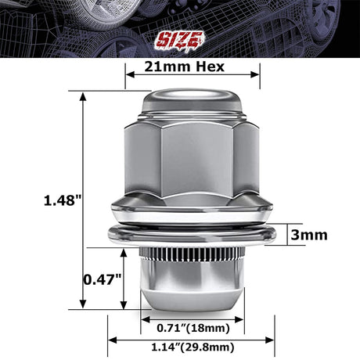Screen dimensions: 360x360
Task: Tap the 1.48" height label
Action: point(63,200)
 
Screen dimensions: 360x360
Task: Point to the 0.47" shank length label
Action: point(102,279)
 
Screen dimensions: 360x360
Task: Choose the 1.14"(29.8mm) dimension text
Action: point(193,344)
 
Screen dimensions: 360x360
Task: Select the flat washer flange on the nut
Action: point(193,234)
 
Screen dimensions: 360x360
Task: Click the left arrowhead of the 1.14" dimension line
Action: point(111,339)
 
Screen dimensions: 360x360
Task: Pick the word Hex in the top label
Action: point(211,67)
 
